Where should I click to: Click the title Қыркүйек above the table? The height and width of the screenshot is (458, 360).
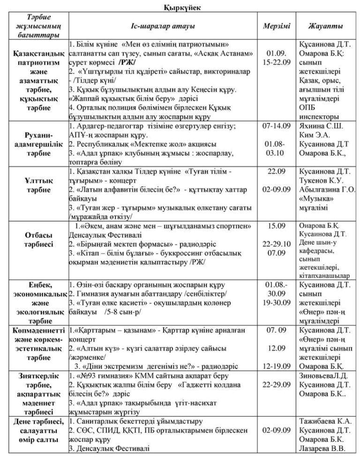pyautogui.click(x=180, y=7)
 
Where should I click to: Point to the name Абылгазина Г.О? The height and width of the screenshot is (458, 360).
pyautogui.click(x=327, y=190)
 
